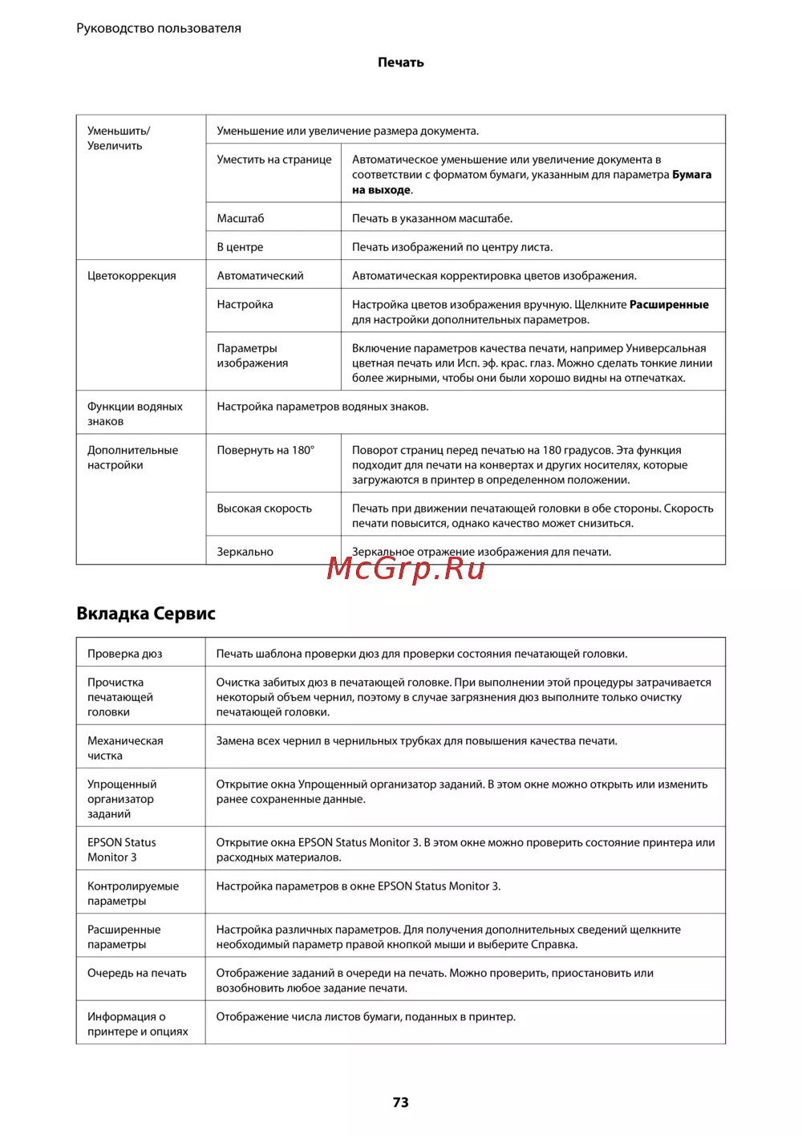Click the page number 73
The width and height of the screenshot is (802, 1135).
401,1102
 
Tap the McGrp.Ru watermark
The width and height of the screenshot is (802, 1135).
406,569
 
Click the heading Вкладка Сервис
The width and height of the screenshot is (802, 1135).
146,614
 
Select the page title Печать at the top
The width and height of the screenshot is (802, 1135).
401,63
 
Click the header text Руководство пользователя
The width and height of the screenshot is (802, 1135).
159,28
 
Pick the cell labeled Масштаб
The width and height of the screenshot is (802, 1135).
241,218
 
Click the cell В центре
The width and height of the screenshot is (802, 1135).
240,247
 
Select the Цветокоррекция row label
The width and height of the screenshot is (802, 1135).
132,276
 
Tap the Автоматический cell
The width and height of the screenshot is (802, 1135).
260,276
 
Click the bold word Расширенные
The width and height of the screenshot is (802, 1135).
669,305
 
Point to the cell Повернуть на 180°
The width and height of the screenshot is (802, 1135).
265,450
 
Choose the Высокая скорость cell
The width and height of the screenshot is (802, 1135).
264,509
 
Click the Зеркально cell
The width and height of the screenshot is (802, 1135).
245,552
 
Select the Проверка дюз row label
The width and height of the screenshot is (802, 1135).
124,654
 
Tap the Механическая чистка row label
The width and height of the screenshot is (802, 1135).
125,748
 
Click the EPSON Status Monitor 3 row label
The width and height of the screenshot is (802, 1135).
121,850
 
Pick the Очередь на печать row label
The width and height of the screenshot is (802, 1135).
136,973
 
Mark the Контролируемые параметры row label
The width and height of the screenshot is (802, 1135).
132,894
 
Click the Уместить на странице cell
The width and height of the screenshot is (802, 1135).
274,160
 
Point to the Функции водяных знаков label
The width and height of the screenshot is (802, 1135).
135,414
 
